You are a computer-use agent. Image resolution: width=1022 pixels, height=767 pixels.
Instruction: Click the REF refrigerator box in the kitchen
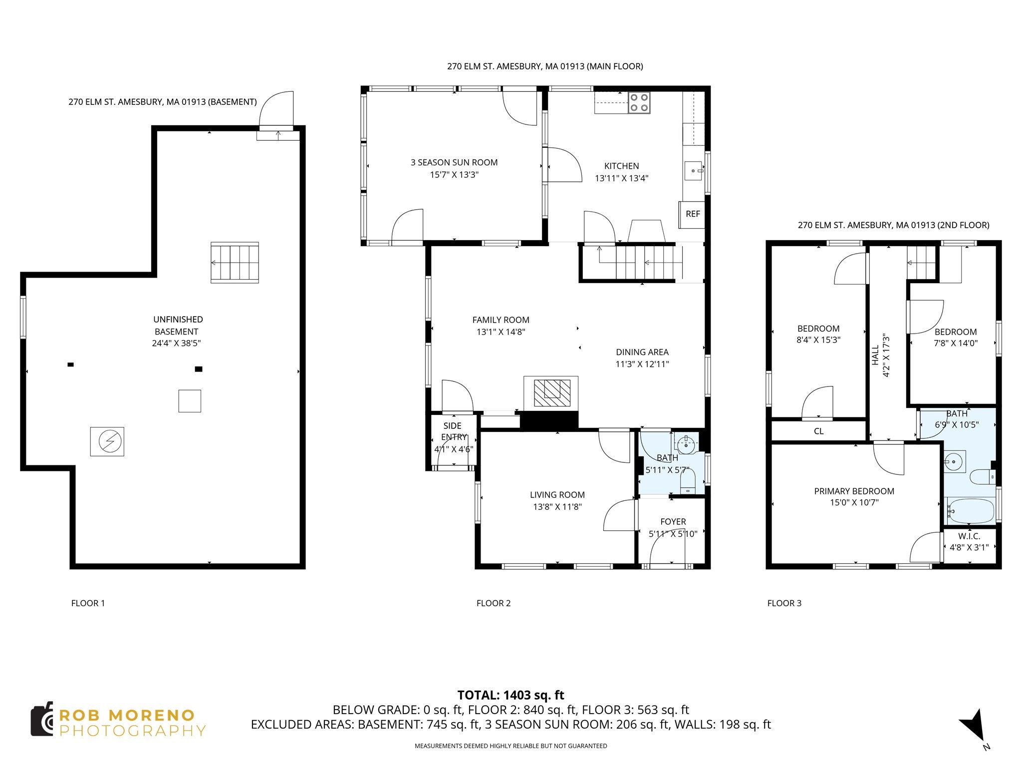(692, 214)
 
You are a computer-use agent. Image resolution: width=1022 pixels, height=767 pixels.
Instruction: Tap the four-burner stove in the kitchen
(639, 103)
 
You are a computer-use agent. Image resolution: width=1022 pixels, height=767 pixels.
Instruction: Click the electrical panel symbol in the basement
(107, 441)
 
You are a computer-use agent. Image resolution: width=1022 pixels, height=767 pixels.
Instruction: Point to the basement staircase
(235, 263)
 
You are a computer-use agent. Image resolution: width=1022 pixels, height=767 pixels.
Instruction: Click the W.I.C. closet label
(969, 536)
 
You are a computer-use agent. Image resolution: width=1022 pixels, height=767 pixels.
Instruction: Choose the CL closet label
(818, 431)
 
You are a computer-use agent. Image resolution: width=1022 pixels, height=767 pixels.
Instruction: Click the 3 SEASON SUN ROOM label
(454, 162)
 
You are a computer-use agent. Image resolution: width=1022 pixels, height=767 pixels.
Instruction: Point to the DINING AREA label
(642, 352)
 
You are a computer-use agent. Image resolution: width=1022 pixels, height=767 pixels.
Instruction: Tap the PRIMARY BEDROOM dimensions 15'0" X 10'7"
(854, 503)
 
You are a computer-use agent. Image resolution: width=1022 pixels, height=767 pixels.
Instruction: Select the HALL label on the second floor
(875, 355)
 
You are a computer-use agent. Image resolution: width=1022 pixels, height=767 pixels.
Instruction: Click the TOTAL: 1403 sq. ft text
(511, 695)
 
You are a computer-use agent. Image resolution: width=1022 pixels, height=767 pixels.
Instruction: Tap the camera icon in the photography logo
(42, 720)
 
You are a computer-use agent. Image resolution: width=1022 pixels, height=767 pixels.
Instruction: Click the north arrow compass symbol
(973, 730)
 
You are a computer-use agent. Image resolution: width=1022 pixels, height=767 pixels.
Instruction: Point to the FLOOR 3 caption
(784, 603)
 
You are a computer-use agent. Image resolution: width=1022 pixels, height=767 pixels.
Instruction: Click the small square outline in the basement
(190, 401)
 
